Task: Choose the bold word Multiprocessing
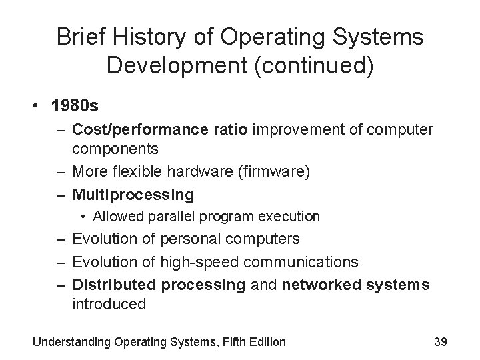(x=133, y=195)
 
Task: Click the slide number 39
(x=440, y=341)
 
